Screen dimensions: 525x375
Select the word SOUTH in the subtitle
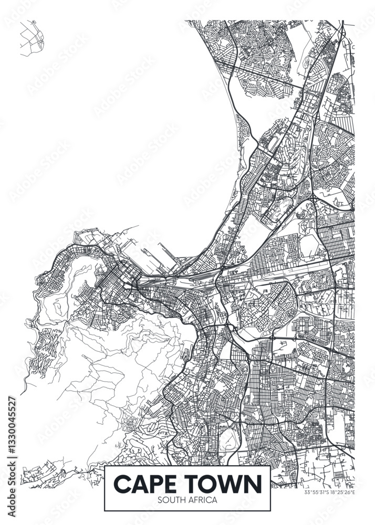point(171,500)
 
